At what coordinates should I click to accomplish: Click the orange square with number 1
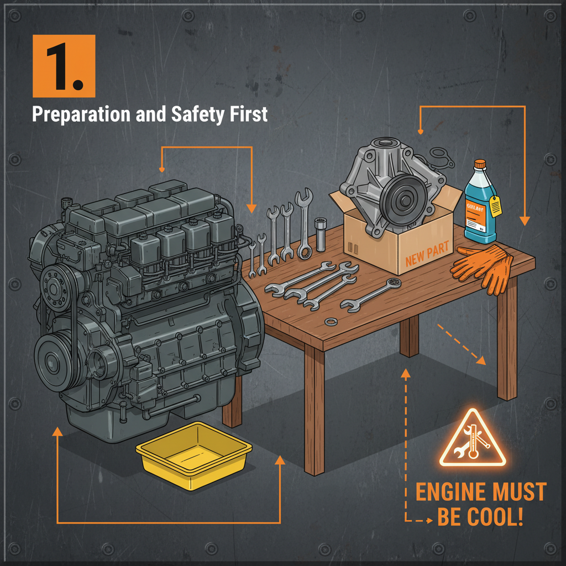64,66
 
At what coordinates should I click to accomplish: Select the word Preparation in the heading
82,114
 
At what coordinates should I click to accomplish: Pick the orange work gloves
482,266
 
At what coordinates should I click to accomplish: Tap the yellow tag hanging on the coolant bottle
496,206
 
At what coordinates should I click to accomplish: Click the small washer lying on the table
331,322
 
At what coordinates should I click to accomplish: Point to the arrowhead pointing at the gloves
524,221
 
